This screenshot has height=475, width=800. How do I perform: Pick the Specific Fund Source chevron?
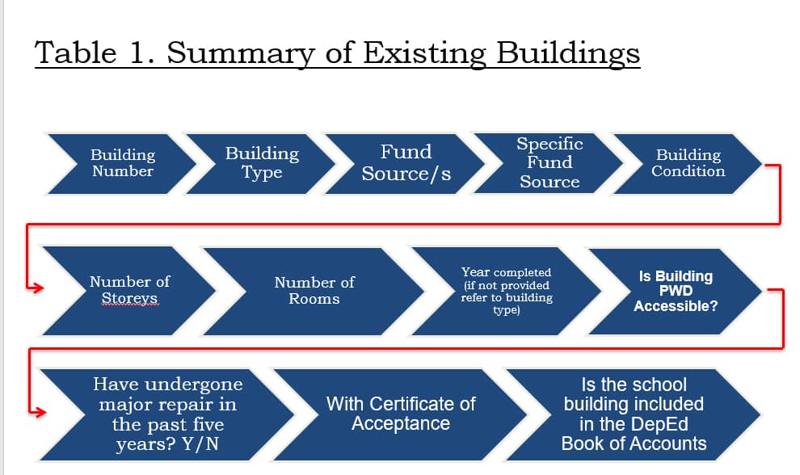tap(549, 163)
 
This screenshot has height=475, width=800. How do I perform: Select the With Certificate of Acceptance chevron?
tap(401, 414)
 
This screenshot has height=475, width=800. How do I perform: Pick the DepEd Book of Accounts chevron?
tap(634, 414)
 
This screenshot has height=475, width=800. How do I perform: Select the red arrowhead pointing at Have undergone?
tap(40, 412)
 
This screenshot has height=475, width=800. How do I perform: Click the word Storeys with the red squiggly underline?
tap(129, 298)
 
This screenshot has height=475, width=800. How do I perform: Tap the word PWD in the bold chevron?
tap(676, 291)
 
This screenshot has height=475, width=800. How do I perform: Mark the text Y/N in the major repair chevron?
tap(200, 443)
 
